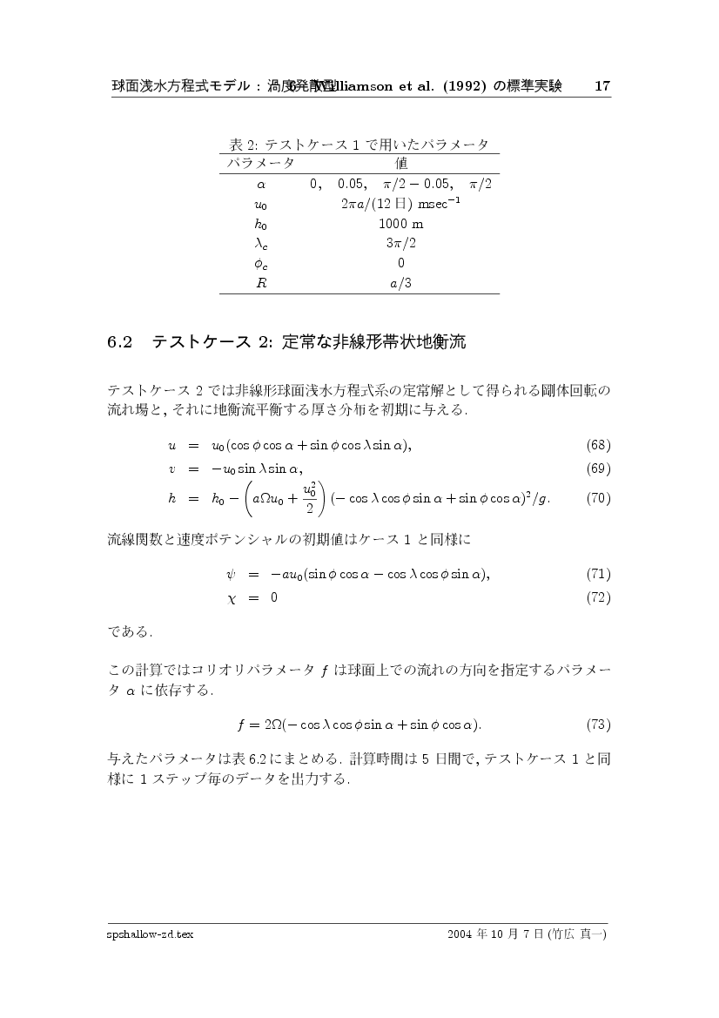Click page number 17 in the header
click(601, 86)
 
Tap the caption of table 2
click(358, 144)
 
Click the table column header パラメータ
click(261, 163)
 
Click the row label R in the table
click(260, 283)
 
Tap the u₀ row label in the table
click(260, 205)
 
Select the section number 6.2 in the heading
click(118, 343)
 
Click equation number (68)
click(598, 446)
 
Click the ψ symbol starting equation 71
click(230, 575)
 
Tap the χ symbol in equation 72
click(230, 598)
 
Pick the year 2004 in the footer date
click(460, 934)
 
